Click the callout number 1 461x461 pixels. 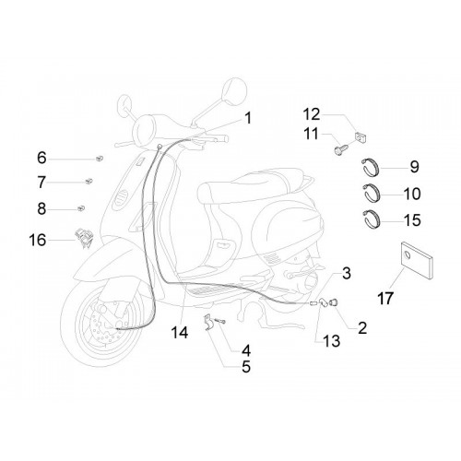248,118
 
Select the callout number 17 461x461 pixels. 385,298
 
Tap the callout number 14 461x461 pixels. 180,333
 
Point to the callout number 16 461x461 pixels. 38,240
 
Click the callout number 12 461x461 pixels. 312,114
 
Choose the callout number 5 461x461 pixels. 246,366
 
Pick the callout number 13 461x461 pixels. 331,341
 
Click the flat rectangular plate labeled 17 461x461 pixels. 417,261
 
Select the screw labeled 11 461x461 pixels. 341,149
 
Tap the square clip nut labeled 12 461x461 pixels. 361,137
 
